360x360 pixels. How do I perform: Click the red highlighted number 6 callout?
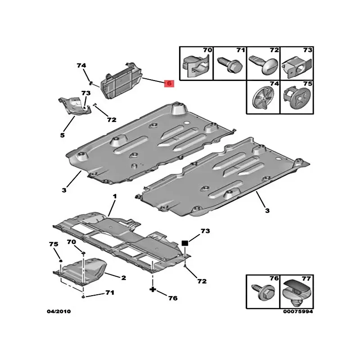click(169, 83)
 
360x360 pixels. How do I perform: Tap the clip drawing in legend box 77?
click(297, 293)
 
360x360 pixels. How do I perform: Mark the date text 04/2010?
click(59, 311)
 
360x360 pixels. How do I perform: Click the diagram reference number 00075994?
click(298, 311)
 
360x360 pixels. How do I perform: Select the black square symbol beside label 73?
click(185, 243)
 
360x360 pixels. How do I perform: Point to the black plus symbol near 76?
click(153, 289)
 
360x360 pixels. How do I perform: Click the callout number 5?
click(63, 135)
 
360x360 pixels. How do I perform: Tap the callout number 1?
click(115, 196)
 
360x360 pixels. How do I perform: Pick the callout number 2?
click(123, 278)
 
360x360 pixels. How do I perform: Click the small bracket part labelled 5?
click(75, 106)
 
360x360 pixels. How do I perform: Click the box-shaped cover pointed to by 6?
click(121, 81)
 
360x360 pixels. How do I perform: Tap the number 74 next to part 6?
click(81, 66)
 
